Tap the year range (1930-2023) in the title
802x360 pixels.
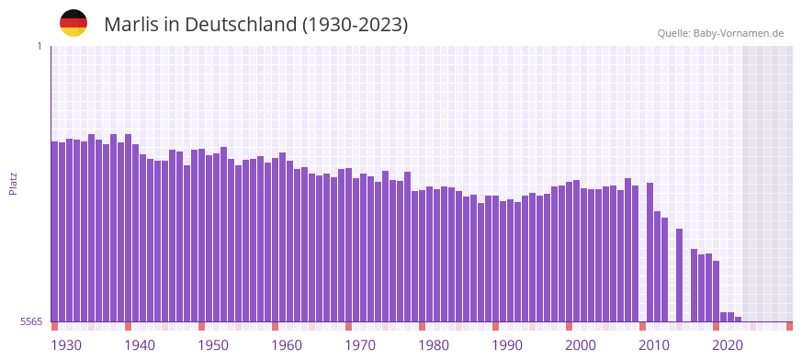(x=355, y=25)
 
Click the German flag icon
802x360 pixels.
(x=73, y=23)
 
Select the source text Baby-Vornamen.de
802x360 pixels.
(x=738, y=33)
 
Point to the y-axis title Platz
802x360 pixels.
(x=13, y=184)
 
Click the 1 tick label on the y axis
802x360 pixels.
(x=40, y=46)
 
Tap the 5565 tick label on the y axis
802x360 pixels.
(x=29, y=321)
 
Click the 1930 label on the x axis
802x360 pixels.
(x=66, y=345)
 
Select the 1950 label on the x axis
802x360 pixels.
(x=213, y=345)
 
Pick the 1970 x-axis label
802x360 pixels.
(x=360, y=345)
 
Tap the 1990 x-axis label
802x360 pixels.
(x=507, y=345)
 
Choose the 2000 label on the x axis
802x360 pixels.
(x=581, y=345)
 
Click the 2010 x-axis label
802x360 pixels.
(x=654, y=345)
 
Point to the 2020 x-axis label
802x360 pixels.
(x=728, y=345)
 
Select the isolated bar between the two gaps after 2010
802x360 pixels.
(x=679, y=275)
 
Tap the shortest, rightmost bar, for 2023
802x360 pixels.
(x=738, y=319)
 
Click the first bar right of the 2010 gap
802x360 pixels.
(x=650, y=252)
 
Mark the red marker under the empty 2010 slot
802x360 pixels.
(x=642, y=326)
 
